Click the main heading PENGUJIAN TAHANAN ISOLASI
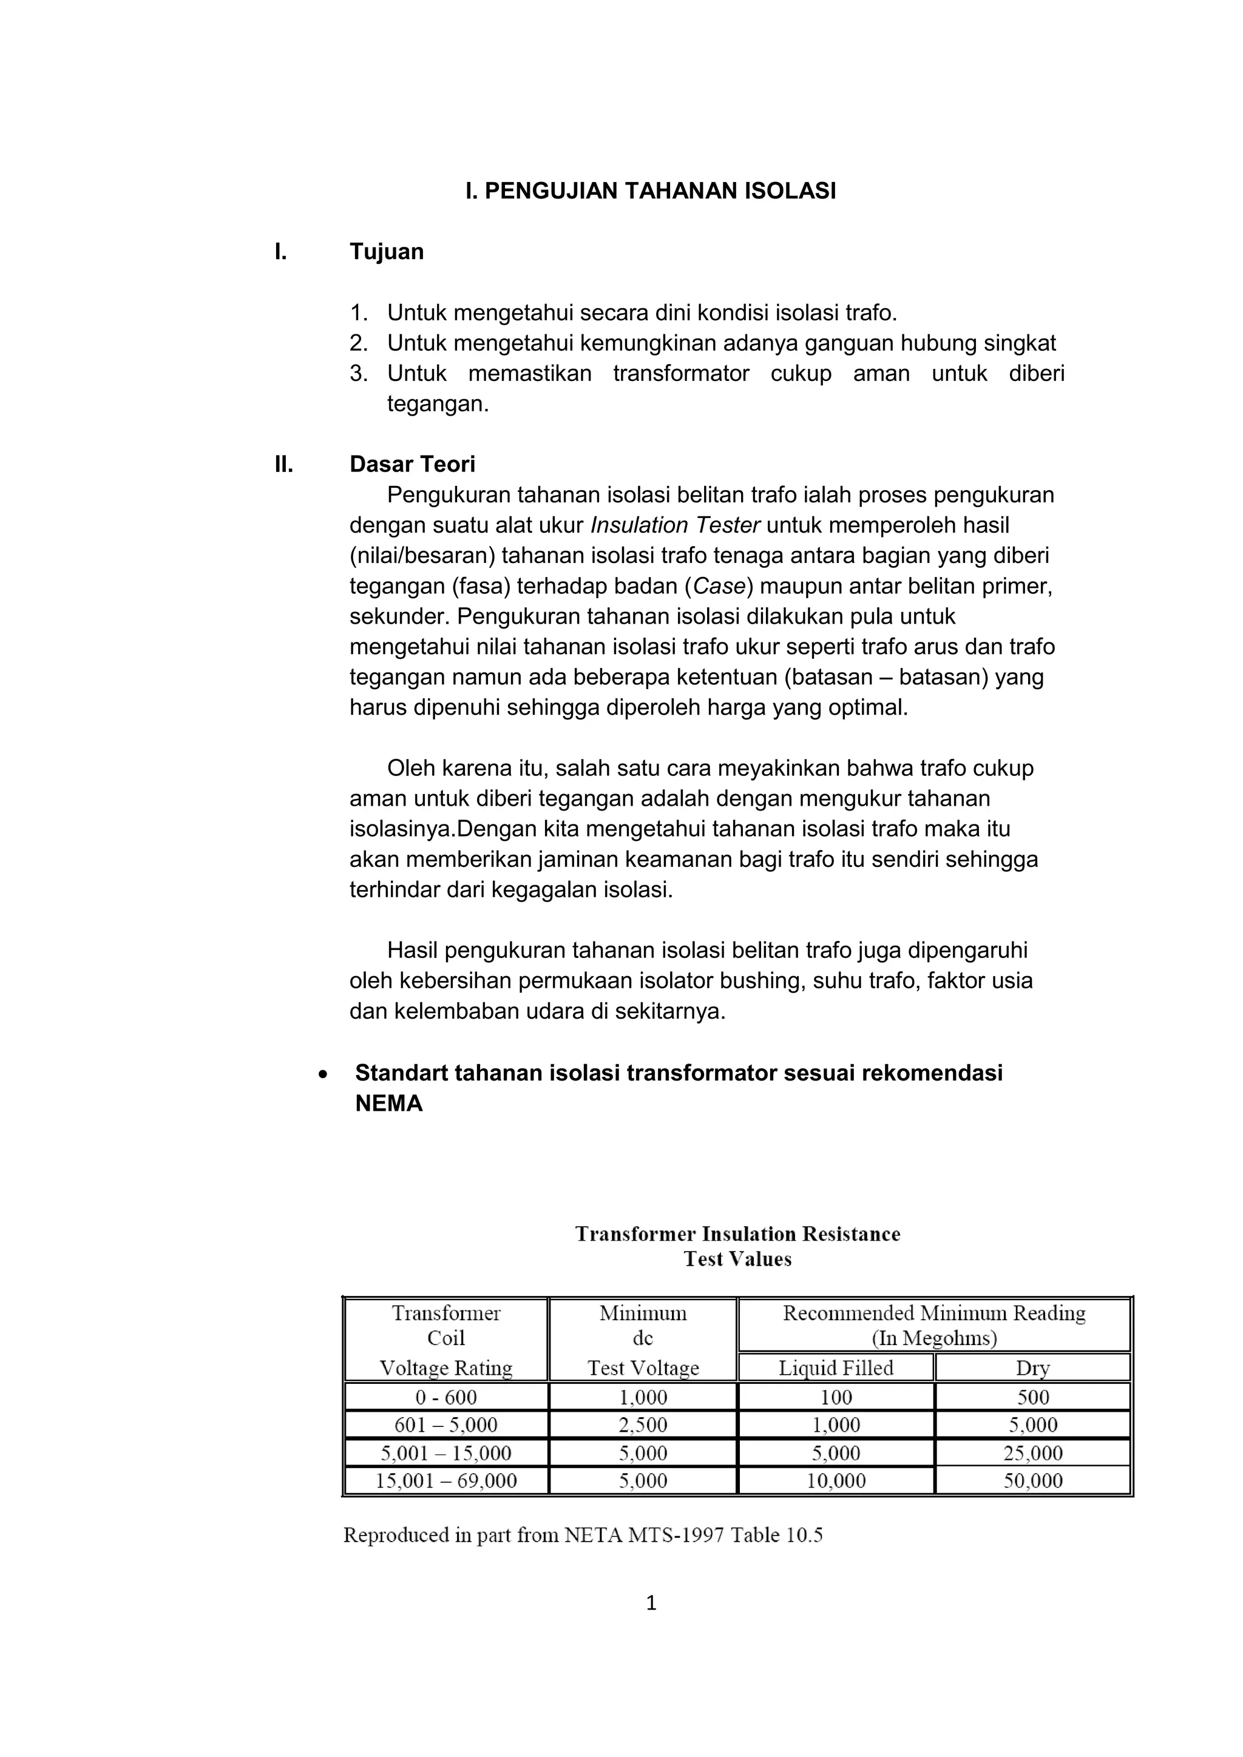(x=651, y=191)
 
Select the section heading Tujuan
(x=386, y=252)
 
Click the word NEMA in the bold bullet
(x=389, y=1104)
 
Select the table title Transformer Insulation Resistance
(x=737, y=1233)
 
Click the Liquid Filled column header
(x=836, y=1367)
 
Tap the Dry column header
(x=1032, y=1367)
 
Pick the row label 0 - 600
(x=446, y=1397)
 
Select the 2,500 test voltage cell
(x=643, y=1425)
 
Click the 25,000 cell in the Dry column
(x=1032, y=1453)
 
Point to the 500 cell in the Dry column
(x=1032, y=1397)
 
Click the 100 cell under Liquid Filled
(x=836, y=1397)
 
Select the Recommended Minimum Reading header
(x=934, y=1313)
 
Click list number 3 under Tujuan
(x=358, y=374)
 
